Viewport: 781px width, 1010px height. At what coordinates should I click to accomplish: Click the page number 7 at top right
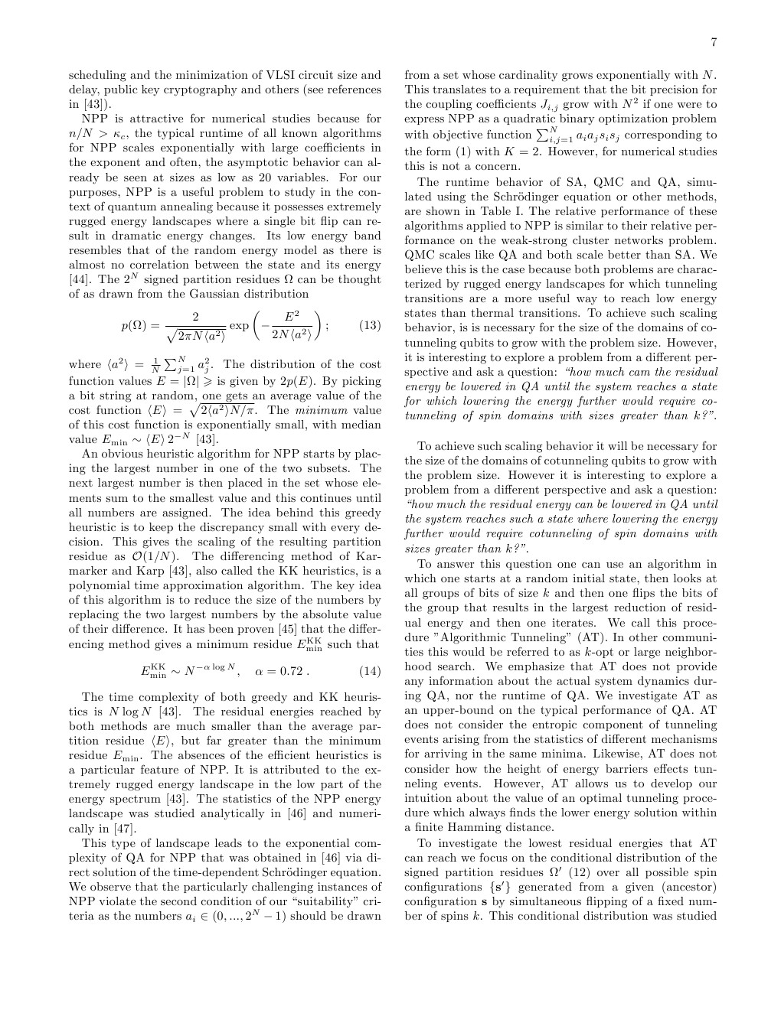pyautogui.click(x=714, y=42)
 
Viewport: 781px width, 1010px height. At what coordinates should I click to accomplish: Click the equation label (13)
pyautogui.click(x=370, y=325)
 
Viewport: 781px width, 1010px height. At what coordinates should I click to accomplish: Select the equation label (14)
pyautogui.click(x=370, y=671)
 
